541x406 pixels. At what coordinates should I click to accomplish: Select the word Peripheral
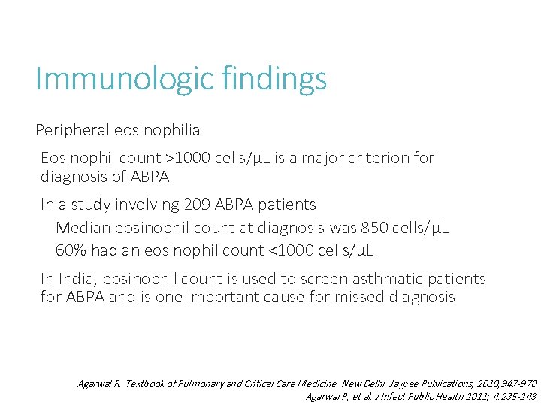click(72, 131)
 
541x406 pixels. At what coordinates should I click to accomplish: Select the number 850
click(376, 228)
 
